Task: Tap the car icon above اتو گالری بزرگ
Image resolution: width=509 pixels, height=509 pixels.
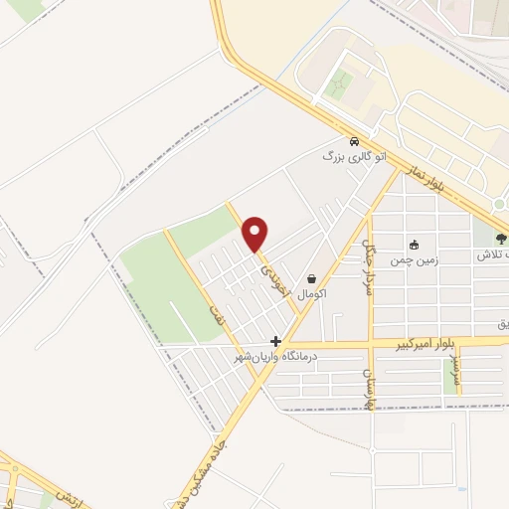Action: pyautogui.click(x=354, y=140)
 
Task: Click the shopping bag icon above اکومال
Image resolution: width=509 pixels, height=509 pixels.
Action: pyautogui.click(x=312, y=279)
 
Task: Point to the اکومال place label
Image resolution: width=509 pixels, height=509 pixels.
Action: pyautogui.click(x=312, y=294)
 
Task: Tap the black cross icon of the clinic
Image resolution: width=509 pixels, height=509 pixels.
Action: pyautogui.click(x=276, y=341)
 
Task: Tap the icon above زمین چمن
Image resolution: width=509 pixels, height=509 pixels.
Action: pyautogui.click(x=415, y=245)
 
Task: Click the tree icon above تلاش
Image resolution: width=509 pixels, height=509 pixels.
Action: pyautogui.click(x=502, y=239)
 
